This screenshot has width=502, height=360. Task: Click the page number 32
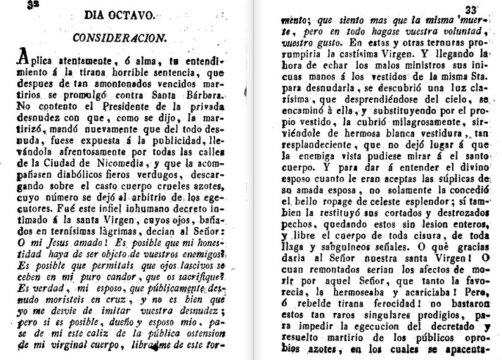[30, 4]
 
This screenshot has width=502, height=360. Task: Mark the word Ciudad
[58, 163]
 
